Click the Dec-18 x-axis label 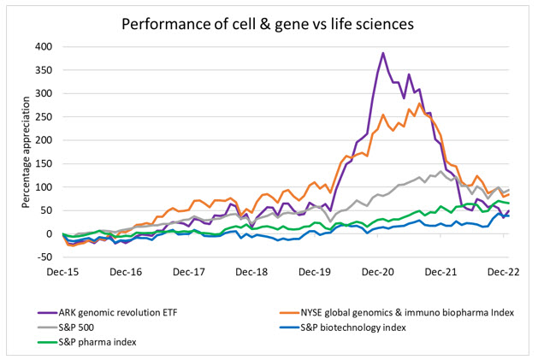click(252, 272)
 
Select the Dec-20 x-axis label click(377, 272)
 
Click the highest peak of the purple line click(383, 53)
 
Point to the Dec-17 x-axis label click(189, 272)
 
